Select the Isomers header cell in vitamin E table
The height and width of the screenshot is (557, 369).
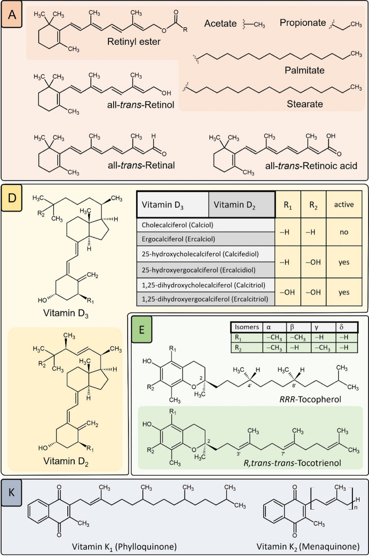tap(245, 328)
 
